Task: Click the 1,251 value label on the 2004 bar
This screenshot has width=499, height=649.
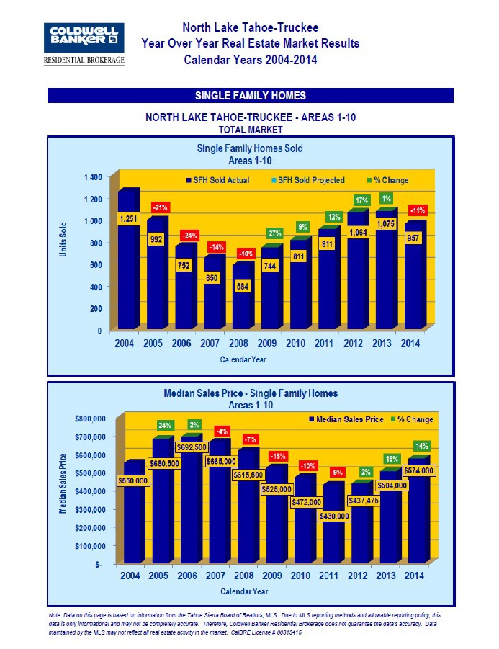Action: pos(127,219)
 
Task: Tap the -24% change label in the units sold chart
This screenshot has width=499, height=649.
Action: pos(189,236)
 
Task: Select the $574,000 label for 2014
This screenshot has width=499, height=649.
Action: pos(418,470)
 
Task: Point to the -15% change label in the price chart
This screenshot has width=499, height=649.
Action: pos(277,456)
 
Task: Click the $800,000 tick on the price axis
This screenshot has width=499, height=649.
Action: pos(91,419)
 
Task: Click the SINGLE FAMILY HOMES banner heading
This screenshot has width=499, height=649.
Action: pos(250,95)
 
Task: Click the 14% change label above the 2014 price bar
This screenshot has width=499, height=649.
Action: pos(421,446)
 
